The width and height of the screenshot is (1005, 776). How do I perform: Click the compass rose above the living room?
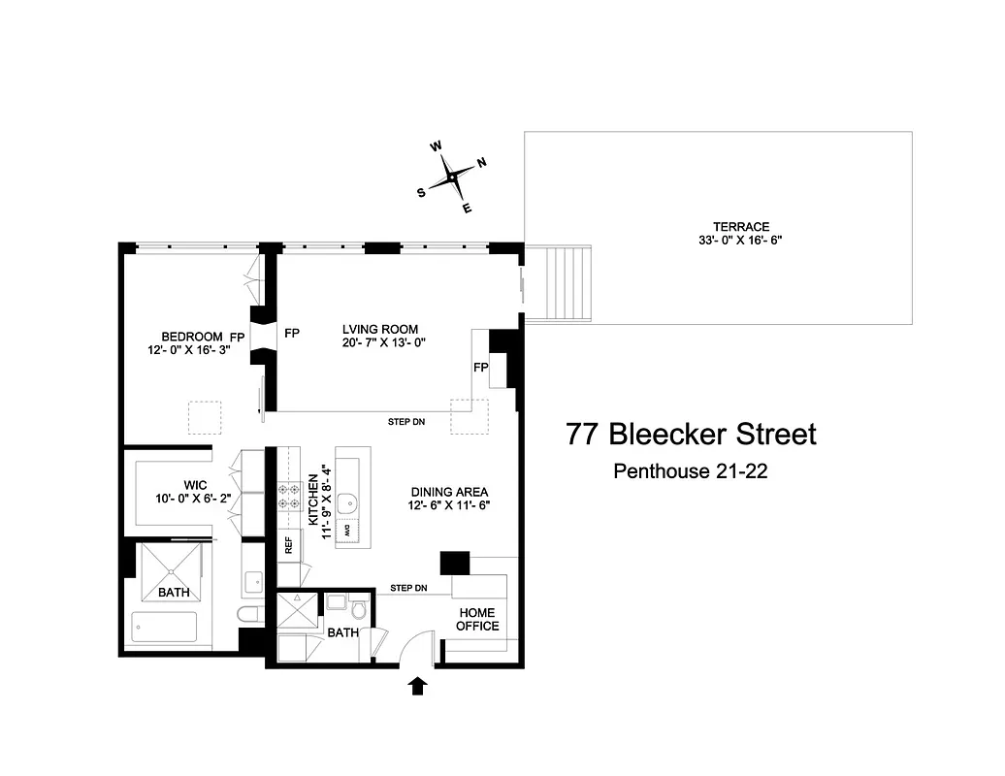pyautogui.click(x=452, y=178)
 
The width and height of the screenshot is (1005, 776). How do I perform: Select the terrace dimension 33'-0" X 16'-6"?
pyautogui.click(x=720, y=239)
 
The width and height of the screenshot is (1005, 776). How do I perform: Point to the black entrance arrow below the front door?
pyautogui.click(x=418, y=687)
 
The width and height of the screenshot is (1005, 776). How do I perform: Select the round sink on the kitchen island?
pyautogui.click(x=354, y=501)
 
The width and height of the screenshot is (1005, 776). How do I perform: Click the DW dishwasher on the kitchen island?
pyautogui.click(x=354, y=533)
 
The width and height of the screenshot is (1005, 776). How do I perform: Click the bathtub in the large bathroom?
pyautogui.click(x=166, y=628)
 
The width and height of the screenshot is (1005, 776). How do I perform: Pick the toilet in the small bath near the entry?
pyautogui.click(x=359, y=610)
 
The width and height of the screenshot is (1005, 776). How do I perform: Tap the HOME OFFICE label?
pyautogui.click(x=477, y=619)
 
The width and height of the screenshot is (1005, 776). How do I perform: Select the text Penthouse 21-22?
pyautogui.click(x=691, y=471)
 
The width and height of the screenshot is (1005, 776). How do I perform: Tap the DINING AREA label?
pyautogui.click(x=449, y=491)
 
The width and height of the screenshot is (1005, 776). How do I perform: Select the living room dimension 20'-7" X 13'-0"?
pyautogui.click(x=384, y=342)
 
